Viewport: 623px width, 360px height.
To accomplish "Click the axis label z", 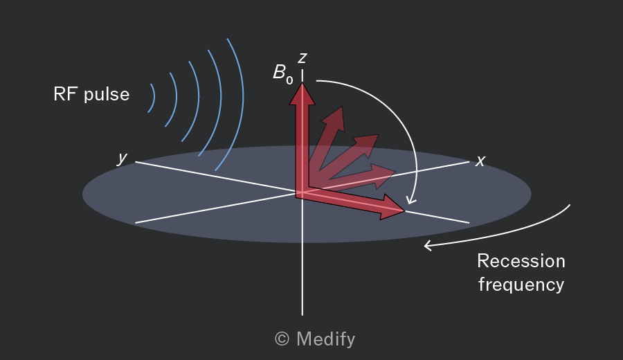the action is (x=303, y=58).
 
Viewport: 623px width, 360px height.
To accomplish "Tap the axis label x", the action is (x=480, y=161).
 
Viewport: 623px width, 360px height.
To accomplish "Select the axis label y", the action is (x=123, y=158).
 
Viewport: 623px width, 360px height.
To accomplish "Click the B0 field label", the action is (x=283, y=74).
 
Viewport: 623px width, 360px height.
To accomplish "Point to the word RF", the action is (x=66, y=95).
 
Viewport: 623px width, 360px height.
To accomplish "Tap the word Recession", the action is (x=521, y=261).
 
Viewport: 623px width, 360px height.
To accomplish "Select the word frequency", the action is (x=521, y=285).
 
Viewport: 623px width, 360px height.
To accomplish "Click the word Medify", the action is (x=326, y=339).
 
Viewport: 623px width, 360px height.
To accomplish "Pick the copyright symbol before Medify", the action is (x=282, y=339).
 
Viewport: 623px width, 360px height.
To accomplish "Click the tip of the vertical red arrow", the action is (x=303, y=82).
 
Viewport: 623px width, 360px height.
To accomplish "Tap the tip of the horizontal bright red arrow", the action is (x=404, y=210).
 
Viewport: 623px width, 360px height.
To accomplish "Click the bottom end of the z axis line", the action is (x=303, y=315).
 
